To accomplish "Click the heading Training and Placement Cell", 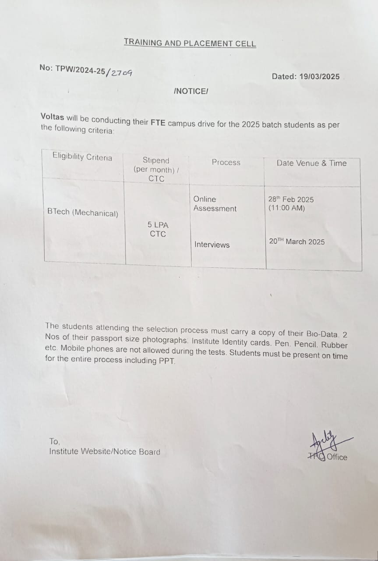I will [190, 43].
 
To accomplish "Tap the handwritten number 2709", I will [121, 72].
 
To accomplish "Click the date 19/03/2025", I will [320, 77].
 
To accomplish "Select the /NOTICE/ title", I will [191, 91].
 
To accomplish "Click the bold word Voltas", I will [52, 117].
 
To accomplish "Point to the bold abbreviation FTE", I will [158, 123].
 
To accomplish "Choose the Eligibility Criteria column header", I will [82, 157].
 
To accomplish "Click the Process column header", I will [226, 162].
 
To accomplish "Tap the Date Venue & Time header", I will [311, 163].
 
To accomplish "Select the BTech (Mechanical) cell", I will [83, 213].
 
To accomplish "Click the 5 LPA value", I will [158, 225].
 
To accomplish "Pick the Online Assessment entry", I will [215, 204].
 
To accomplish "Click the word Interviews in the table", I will [212, 245].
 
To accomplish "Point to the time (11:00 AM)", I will [286, 208].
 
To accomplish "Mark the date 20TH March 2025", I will [297, 241].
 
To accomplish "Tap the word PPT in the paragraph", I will [166, 361].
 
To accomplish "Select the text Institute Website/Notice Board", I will [105, 452].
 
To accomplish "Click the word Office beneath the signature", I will [337, 457].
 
